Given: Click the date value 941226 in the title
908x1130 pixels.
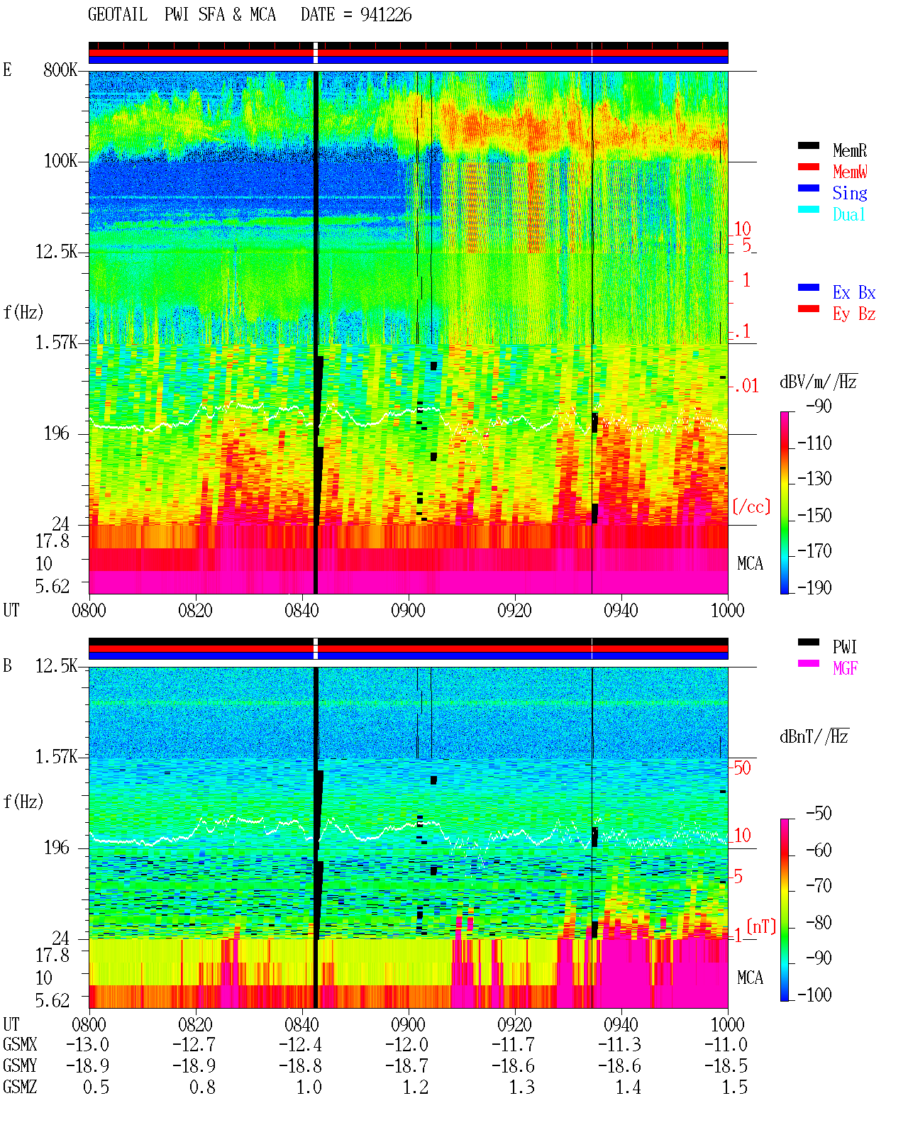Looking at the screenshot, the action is [385, 15].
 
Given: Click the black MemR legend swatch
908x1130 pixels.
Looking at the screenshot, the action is [808, 145].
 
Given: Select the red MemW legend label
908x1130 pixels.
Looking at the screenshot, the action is [850, 171].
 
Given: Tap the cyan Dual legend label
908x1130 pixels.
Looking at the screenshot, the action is [848, 214].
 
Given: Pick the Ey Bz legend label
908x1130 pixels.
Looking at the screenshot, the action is [854, 314].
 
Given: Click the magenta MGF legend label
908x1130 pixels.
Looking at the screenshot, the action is [845, 668].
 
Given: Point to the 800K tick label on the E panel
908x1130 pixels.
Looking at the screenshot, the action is [60, 70].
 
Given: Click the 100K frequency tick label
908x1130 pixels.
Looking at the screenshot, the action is [60, 161].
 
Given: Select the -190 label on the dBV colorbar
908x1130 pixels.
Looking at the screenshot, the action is [814, 587].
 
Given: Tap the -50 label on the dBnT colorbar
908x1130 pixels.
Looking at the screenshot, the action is [819, 814].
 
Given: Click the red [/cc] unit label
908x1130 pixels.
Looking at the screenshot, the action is [751, 506].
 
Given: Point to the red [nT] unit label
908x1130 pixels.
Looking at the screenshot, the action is [761, 926].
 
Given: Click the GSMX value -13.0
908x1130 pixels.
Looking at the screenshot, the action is [87, 1045].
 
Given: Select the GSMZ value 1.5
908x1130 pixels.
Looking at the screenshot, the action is [734, 1087].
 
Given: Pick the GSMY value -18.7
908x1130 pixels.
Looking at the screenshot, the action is [406, 1066].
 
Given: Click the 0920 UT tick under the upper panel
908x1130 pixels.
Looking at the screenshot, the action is [514, 610].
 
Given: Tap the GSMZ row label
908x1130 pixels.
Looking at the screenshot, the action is [20, 1087].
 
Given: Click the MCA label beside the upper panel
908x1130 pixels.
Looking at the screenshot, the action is [750, 563].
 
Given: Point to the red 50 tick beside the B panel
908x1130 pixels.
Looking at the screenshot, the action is [742, 768].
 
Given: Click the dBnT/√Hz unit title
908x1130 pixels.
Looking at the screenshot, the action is [814, 736].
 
